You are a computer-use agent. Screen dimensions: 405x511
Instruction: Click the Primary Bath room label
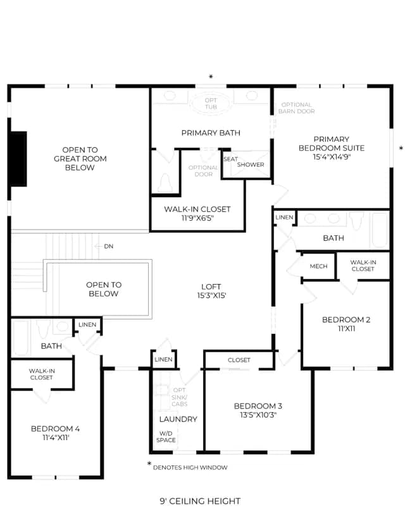point(211,133)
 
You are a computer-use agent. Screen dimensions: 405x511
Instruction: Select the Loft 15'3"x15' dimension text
point(211,295)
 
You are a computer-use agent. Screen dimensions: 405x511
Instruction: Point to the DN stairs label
point(109,247)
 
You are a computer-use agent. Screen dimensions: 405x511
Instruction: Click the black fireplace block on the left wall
point(18,159)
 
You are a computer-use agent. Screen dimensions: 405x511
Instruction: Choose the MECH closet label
point(318,266)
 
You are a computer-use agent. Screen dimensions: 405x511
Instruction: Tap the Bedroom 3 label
point(258,406)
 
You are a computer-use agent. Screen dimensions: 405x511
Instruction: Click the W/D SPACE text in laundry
point(166,437)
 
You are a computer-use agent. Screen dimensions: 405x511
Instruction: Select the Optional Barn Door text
point(296,108)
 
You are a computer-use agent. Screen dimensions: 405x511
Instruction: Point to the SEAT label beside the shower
point(230,159)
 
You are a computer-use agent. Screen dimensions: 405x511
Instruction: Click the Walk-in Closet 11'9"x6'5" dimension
point(197,218)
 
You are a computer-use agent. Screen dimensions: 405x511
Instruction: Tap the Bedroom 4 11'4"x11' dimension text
point(56,438)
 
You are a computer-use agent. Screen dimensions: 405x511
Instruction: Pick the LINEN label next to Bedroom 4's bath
point(87,324)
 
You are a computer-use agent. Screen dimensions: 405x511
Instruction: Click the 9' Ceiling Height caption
point(200,501)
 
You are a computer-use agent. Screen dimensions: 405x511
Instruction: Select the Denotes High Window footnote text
point(190,467)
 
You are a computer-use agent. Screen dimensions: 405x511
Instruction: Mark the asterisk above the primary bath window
point(211,77)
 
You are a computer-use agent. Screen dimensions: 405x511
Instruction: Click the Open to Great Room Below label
point(80,159)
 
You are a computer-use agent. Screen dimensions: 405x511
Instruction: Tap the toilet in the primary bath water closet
point(165,183)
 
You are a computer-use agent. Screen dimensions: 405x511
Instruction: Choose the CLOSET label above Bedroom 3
point(239,360)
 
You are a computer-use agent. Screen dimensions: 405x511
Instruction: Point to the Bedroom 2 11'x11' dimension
point(346,329)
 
